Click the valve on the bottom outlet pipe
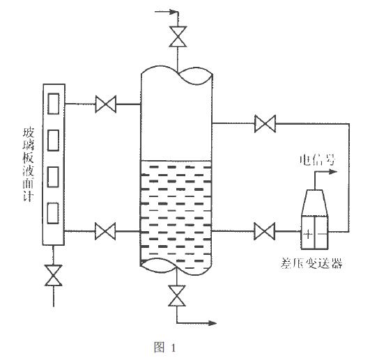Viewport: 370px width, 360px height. click(178, 297)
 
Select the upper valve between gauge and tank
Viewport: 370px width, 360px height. click(106, 105)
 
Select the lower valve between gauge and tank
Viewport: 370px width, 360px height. click(106, 230)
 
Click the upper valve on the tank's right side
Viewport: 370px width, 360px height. click(264, 125)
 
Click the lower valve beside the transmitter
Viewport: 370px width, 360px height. click(264, 230)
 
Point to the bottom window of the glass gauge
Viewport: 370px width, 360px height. click(53, 212)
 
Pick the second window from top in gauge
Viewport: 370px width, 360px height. click(53, 139)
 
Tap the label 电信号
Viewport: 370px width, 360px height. click(321, 162)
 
